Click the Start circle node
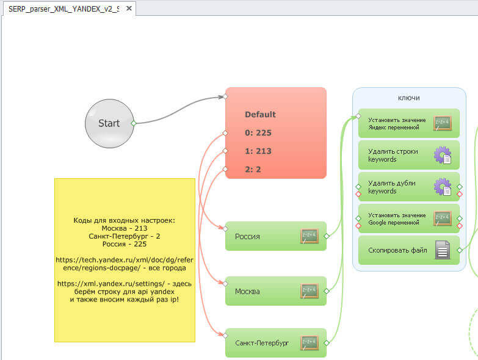(109, 123)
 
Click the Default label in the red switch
(260, 114)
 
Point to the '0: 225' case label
(258, 132)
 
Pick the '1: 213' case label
(258, 151)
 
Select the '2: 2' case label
(253, 169)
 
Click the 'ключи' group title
(408, 98)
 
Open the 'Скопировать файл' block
(396, 250)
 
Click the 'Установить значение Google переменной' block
(397, 218)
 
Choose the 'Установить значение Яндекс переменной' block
(397, 123)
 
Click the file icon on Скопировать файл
(443, 250)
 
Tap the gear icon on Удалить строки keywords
(443, 155)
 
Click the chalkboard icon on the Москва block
(310, 291)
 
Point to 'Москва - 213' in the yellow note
(125, 228)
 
